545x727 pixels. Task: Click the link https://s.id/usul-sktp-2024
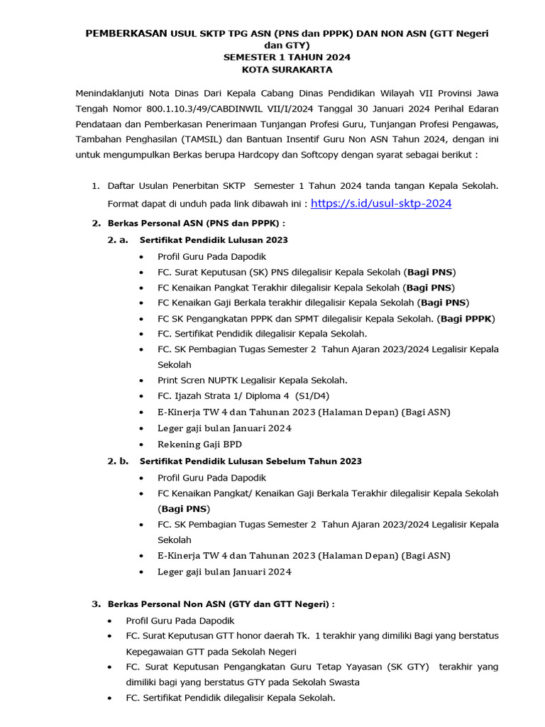pyautogui.click(x=381, y=203)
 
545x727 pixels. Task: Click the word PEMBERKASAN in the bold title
pyautogui.click(x=126, y=33)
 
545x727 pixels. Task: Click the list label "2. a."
pyautogui.click(x=118, y=240)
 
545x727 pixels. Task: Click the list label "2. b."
pyautogui.click(x=118, y=461)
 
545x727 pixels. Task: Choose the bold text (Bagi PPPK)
pyautogui.click(x=466, y=318)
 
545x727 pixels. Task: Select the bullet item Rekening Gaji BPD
pyautogui.click(x=199, y=444)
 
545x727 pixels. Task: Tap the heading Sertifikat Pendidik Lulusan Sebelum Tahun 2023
pyautogui.click(x=251, y=461)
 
